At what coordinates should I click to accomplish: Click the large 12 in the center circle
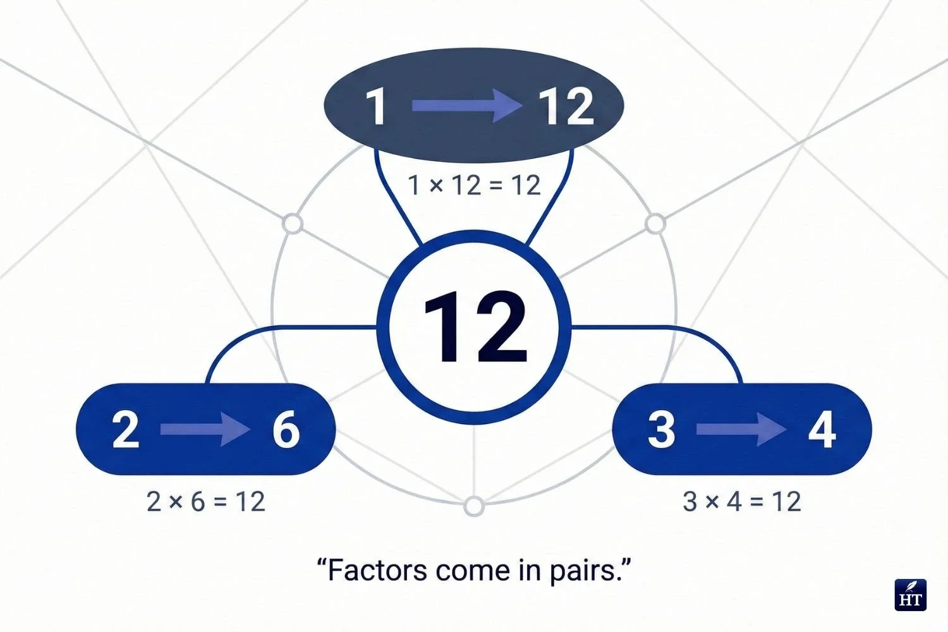(x=474, y=327)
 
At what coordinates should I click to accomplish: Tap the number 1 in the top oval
(x=377, y=106)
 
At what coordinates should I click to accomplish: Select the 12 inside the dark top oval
(x=566, y=106)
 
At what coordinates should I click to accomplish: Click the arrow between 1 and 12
(x=468, y=106)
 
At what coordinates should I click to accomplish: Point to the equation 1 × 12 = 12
(x=474, y=185)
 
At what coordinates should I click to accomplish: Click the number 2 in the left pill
(x=125, y=430)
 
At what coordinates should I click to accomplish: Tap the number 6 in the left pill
(x=286, y=430)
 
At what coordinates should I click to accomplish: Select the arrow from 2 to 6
(x=205, y=430)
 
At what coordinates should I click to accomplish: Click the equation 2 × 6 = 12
(x=205, y=502)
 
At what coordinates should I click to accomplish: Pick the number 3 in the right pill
(x=661, y=430)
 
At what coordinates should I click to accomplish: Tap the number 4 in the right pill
(x=822, y=430)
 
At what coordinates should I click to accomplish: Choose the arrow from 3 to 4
(x=741, y=430)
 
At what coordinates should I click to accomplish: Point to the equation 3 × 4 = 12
(x=742, y=502)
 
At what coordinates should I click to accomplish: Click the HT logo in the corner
(x=911, y=595)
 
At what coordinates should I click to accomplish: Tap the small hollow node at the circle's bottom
(x=474, y=506)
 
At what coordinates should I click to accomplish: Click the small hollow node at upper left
(x=292, y=224)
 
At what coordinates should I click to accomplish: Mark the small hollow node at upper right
(x=656, y=224)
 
